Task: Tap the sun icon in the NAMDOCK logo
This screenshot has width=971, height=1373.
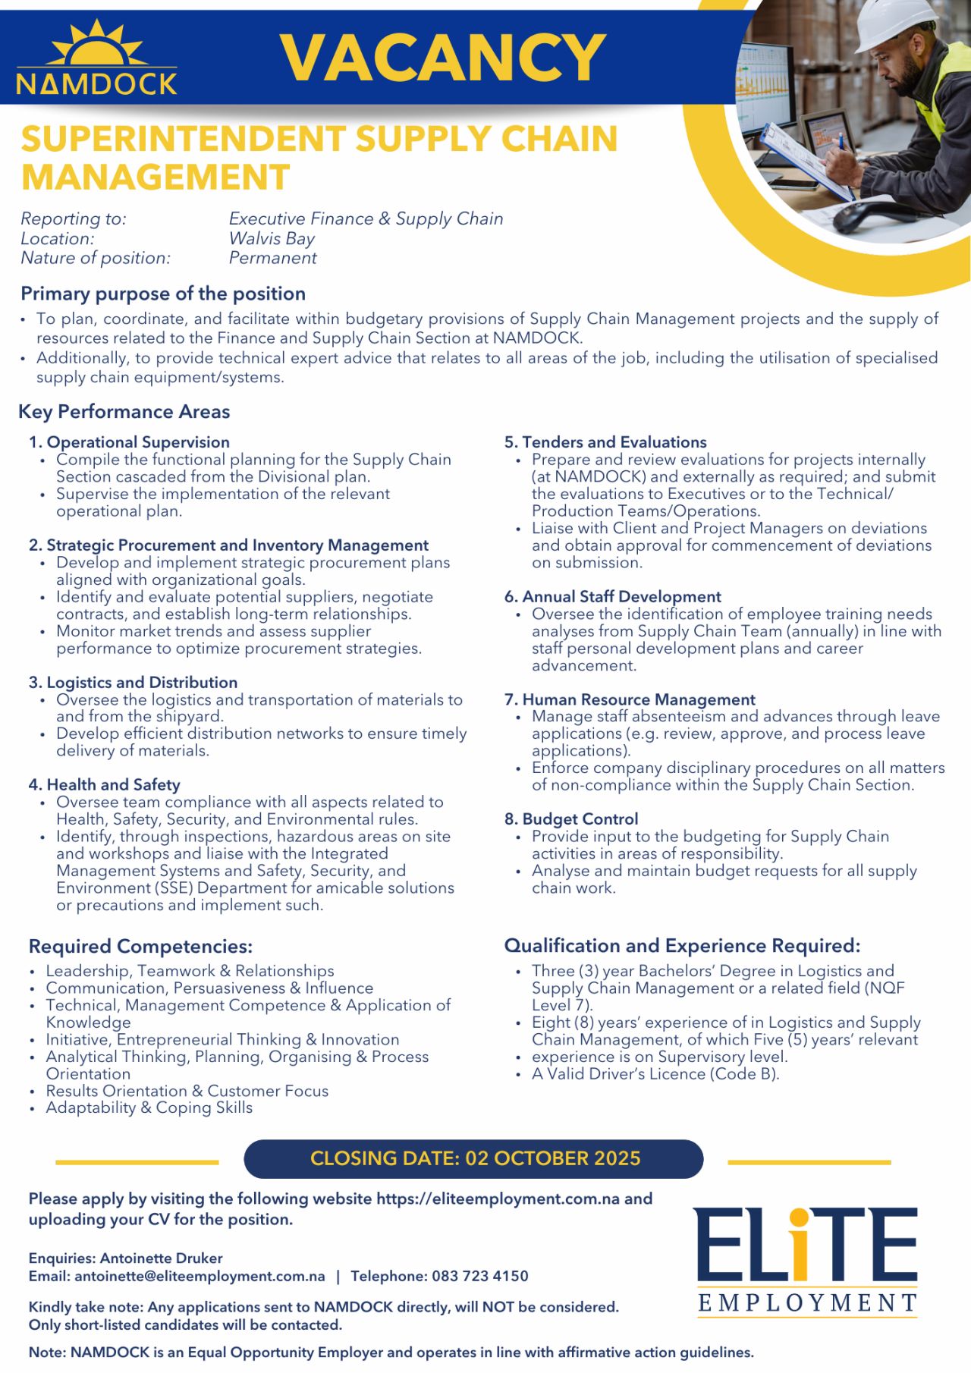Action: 96,47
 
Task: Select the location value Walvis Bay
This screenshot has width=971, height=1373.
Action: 272,238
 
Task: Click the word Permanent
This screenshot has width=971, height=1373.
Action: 272,258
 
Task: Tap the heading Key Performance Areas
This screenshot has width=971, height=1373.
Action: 124,412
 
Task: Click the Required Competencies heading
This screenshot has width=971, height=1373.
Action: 140,947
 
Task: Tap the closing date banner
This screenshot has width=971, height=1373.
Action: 474,1158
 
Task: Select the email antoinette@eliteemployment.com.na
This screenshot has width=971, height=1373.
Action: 200,1276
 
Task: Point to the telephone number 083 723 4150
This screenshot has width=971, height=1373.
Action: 479,1276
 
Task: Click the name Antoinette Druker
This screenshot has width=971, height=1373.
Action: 161,1258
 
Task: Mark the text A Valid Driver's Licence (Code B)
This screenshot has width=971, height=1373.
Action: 655,1074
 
